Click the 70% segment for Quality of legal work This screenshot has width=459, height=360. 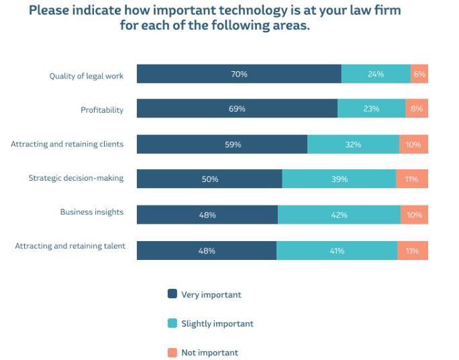coord(239,75)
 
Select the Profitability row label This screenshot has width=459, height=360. coord(102,110)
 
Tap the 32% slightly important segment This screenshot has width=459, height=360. coord(353,144)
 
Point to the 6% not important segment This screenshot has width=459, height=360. coord(419,75)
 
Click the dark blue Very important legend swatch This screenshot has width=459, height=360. coord(172,294)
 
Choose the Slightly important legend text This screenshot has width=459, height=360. coord(217,324)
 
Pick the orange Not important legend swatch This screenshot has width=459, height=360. coord(172,353)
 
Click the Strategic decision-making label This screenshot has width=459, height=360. coord(76,178)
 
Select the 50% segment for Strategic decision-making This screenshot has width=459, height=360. coord(209,179)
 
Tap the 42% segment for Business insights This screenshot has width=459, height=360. coord(339,215)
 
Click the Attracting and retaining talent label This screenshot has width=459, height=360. coord(70,246)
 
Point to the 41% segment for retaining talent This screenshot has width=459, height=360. coord(336,251)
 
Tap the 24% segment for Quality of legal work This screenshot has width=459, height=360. coord(376,75)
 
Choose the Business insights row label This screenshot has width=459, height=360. coord(92,212)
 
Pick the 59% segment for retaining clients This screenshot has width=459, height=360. coord(222,144)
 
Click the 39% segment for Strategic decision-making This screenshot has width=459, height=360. coord(339,179)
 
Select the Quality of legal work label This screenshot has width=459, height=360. coord(87,76)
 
